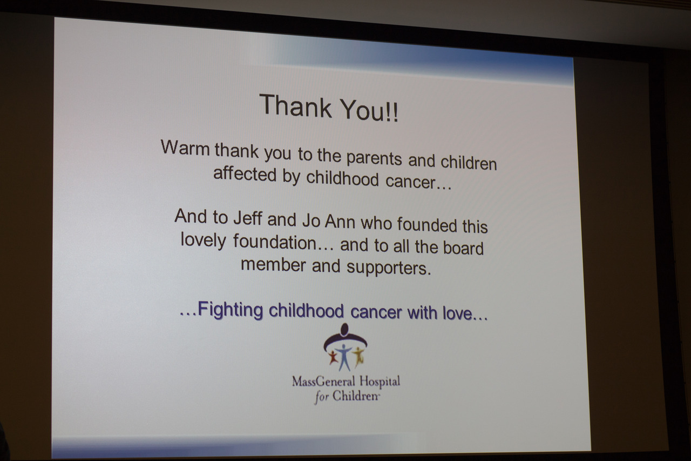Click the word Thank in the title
coord(295,106)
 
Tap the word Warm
coord(185,148)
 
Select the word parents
coord(374,158)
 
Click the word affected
coord(245,174)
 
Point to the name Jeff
coord(248,218)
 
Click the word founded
coord(427,224)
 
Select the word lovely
coord(204,240)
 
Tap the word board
coord(463,247)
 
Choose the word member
coord(273,265)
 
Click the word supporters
coord(388,268)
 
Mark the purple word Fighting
coord(231,309)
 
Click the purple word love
coord(457,313)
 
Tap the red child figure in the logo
coord(333,357)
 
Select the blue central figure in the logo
coord(344,357)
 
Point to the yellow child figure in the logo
coord(358,356)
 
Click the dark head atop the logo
coord(344,329)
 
